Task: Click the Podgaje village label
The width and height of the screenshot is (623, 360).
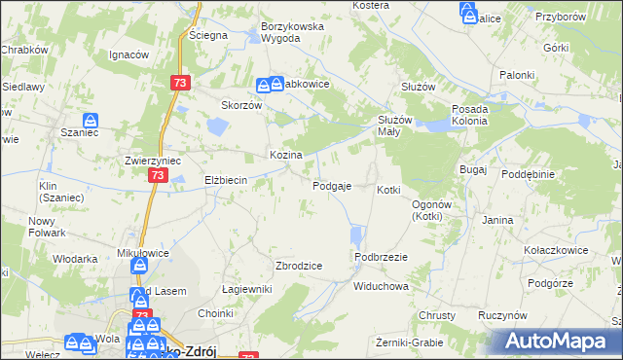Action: click(331, 186)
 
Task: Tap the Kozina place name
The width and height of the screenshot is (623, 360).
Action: click(285, 155)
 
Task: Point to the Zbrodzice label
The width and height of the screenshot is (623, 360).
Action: click(299, 266)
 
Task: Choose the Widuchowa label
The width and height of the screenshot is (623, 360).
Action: click(381, 287)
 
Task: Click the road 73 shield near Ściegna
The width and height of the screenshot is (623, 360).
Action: click(178, 84)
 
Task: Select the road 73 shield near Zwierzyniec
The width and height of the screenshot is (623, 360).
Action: click(158, 176)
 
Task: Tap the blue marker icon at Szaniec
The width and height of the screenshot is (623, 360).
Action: click(90, 121)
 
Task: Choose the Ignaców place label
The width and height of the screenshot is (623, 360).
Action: click(128, 54)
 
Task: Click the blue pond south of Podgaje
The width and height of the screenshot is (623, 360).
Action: click(356, 235)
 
